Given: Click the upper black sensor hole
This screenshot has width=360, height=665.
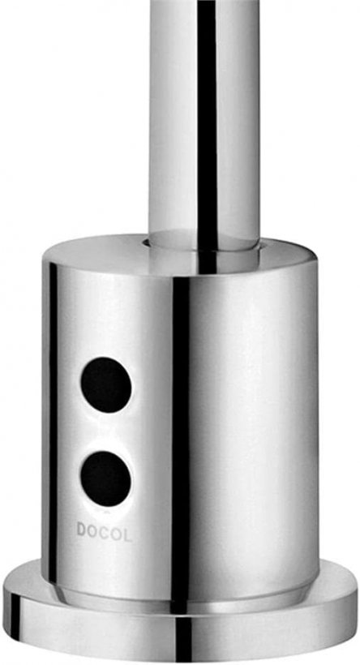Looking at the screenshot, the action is tap(106, 384).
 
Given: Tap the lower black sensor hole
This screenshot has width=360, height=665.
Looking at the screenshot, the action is tap(106, 478).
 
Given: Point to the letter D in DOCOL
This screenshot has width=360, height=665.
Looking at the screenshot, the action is tap(81, 529).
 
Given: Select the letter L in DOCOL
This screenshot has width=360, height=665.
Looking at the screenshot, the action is tap(126, 534).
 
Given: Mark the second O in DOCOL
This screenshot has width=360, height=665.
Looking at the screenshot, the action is tap(116, 533).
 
